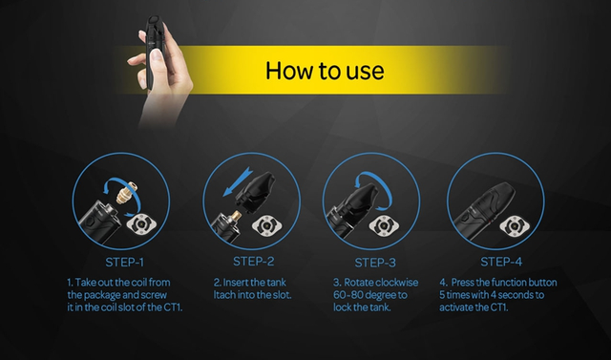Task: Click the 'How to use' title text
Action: pos(325,71)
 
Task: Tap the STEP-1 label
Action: pos(125,263)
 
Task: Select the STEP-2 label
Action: pos(254,262)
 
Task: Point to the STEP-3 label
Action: pos(375,263)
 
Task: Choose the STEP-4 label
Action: pos(501,262)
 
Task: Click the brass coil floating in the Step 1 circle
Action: pos(127,193)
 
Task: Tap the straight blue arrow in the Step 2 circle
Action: pos(238,181)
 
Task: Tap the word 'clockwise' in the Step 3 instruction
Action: pos(397,283)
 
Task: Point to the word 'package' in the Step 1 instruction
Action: pos(102,295)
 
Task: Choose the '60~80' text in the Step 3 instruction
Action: pos(348,295)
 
